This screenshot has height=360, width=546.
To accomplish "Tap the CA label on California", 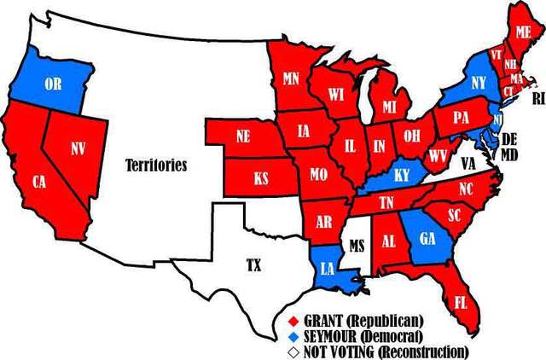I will (39, 182).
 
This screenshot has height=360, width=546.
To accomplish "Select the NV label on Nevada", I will (78, 149).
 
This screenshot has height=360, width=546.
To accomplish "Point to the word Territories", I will (155, 165).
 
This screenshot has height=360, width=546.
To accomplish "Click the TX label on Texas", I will (253, 265).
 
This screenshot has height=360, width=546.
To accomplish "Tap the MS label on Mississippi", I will (357, 247).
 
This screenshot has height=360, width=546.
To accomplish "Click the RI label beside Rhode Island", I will (537, 98).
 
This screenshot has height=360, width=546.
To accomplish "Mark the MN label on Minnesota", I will (290, 79).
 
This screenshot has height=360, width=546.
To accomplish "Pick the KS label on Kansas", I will (262, 179).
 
